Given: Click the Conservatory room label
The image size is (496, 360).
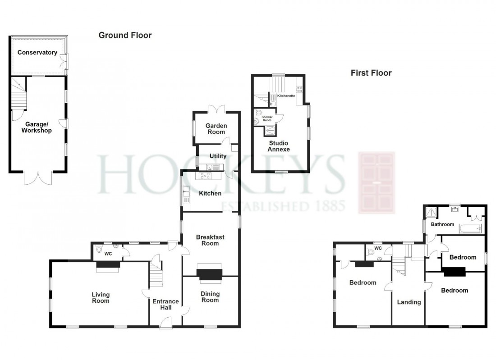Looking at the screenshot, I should pos(37,53).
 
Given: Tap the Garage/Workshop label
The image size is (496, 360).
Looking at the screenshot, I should pos(38,127).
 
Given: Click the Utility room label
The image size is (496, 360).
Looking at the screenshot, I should pos(217,156).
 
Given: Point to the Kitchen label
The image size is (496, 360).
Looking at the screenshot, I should pos(210,193).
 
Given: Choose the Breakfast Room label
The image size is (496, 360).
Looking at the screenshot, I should pos(210,240).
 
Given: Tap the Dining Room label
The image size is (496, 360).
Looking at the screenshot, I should pos(210,297).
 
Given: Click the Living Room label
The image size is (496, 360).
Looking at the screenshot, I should pos(101,298).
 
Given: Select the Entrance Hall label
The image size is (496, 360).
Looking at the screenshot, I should pos(165,305).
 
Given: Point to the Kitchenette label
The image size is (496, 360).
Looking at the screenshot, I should pos(286,96).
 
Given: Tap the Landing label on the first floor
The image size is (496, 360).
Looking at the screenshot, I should pos(409,302).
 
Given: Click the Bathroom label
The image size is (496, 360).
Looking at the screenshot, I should pos(442,224).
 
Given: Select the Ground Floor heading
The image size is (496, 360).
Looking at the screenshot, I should pos(125,35).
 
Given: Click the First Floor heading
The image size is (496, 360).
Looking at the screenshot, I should pos(372,73).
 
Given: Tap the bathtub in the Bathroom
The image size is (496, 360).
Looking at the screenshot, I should pos(470,228).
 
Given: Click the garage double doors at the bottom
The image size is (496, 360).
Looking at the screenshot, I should pos(38,179).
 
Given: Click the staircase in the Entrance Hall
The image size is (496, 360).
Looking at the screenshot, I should pos(156,273).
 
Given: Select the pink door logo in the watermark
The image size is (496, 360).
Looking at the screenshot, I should pos(376,182).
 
